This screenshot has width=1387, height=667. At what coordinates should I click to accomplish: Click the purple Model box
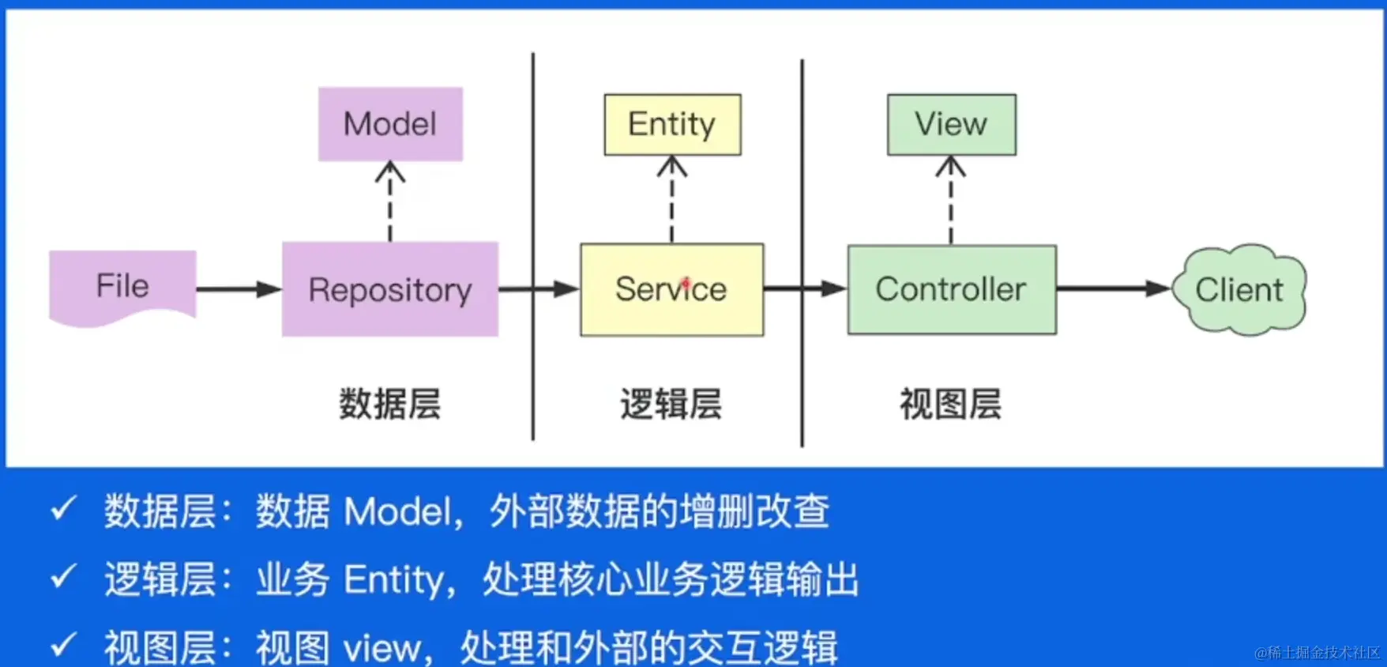pos(390,124)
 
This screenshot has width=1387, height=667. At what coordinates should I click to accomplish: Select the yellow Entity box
pos(672,124)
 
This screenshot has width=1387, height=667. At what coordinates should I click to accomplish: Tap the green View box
pos(951,124)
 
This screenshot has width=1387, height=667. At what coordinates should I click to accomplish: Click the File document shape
pos(122,286)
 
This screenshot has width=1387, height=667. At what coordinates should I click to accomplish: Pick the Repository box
pos(390,289)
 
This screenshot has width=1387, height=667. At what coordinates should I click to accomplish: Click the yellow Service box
pos(671,289)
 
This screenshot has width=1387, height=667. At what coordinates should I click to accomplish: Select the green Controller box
pos(951,289)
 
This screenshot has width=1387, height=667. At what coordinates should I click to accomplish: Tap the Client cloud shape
pos(1239,289)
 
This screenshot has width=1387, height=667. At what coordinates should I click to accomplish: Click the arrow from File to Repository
pos(238,289)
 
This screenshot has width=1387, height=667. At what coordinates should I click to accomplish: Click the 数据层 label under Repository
pos(390,404)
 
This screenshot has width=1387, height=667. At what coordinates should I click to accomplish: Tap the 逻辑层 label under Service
pos(671,404)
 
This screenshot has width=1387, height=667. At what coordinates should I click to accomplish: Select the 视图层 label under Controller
pos(951,404)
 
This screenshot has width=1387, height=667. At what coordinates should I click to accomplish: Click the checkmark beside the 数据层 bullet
pos(63,509)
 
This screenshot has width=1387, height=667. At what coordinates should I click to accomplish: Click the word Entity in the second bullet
pos(394,579)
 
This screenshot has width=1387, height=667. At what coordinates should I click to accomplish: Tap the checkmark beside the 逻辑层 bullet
pos(63,577)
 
